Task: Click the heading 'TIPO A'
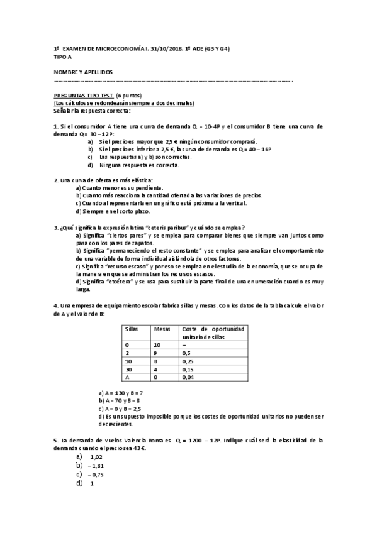tap(64, 55)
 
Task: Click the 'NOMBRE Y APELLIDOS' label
tap(83, 72)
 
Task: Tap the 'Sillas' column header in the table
tap(132, 329)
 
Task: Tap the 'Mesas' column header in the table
tap(161, 329)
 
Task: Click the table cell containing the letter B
tap(155, 362)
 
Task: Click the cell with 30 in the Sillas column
tap(128, 370)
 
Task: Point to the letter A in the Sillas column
tap(127, 378)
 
